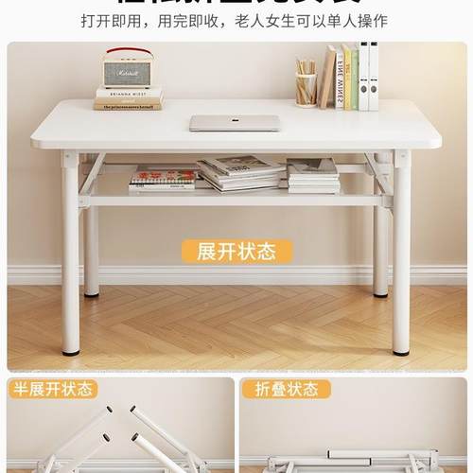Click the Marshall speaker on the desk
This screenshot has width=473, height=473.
pyautogui.click(x=128, y=72)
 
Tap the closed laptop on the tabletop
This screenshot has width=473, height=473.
pyautogui.click(x=235, y=123)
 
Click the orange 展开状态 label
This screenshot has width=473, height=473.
pyautogui.click(x=236, y=252)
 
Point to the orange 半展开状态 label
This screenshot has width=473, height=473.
pyautogui.click(x=53, y=390)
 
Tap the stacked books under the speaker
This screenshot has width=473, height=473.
pyautogui.click(x=128, y=98)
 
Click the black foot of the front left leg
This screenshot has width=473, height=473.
pyautogui.click(x=71, y=351)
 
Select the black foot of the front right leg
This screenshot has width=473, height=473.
pyautogui.click(x=401, y=351)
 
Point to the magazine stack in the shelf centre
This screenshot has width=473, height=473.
pyautogui.click(x=241, y=173)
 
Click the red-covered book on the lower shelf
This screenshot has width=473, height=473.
pyautogui.click(x=163, y=176)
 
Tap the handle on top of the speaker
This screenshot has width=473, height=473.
pyautogui.click(x=128, y=52)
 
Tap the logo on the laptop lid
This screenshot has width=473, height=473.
pyautogui.click(x=235, y=122)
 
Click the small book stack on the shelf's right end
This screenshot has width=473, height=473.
pyautogui.click(x=312, y=176)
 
